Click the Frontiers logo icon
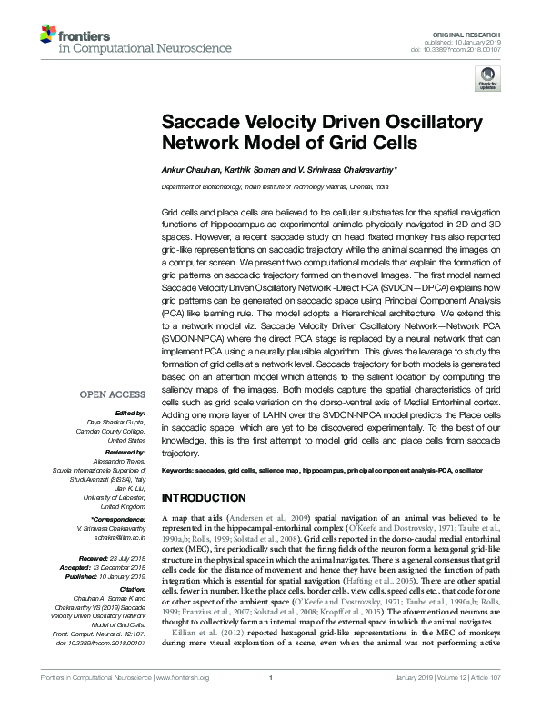[47, 35]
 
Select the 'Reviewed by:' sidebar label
[124, 450]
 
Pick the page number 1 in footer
[271, 701]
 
